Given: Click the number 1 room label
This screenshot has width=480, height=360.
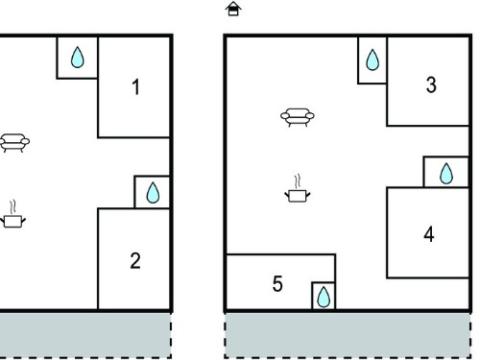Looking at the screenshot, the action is click(136, 87).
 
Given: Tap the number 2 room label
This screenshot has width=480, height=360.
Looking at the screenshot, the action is click(135, 261).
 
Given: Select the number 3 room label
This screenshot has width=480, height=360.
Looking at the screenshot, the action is click(431, 85).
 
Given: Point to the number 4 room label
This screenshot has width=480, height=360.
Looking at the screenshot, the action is click(429, 234).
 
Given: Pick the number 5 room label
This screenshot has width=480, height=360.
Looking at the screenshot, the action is click(277, 284).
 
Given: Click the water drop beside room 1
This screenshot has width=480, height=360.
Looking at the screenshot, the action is click(77, 58).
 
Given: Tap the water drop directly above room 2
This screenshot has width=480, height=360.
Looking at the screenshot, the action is click(153, 193).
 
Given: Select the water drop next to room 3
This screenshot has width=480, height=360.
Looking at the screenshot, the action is click(372, 60).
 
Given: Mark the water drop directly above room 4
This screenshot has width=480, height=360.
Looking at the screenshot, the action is click(446, 174).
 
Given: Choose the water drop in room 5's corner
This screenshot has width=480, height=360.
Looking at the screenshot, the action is click(324, 297).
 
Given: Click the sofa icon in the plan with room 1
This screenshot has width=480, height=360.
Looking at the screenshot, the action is click(14, 143).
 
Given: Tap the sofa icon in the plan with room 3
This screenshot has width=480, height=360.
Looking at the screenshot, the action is click(298, 117).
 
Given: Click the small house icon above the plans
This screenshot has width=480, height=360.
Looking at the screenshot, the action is click(233, 9).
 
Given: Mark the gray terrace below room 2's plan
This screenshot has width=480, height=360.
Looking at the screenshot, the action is click(85, 335).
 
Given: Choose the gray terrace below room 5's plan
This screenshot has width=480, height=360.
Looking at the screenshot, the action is click(348, 335).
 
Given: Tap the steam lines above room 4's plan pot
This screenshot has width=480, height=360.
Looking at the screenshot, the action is click(298, 181).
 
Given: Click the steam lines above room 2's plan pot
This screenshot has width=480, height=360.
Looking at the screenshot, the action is click(12, 207).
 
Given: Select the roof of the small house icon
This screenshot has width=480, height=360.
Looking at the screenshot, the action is click(233, 5).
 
